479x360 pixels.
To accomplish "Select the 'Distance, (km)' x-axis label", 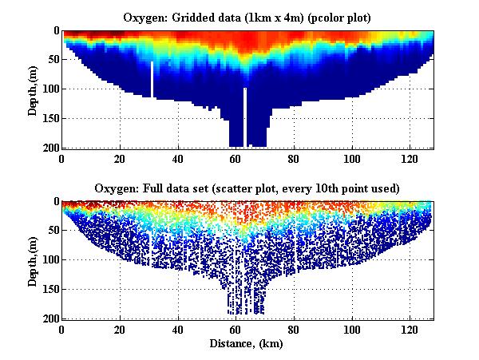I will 248,343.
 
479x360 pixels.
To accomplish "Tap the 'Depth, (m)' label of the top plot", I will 34,89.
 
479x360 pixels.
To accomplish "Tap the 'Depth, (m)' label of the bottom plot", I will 34,260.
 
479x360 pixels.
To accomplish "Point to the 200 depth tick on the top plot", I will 49,148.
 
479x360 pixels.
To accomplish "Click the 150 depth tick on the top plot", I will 49,118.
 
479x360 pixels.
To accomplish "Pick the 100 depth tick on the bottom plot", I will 49,260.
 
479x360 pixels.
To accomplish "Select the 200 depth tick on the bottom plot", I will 49,318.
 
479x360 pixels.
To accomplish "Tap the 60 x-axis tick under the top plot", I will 236,158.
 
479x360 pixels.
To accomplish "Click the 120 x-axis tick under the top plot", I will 409,158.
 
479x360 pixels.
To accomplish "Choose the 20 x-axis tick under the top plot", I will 120,158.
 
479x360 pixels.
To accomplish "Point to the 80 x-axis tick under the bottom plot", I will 293,329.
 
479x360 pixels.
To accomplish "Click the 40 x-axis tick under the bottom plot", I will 177,329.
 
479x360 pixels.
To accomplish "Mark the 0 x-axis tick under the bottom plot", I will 62,329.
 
